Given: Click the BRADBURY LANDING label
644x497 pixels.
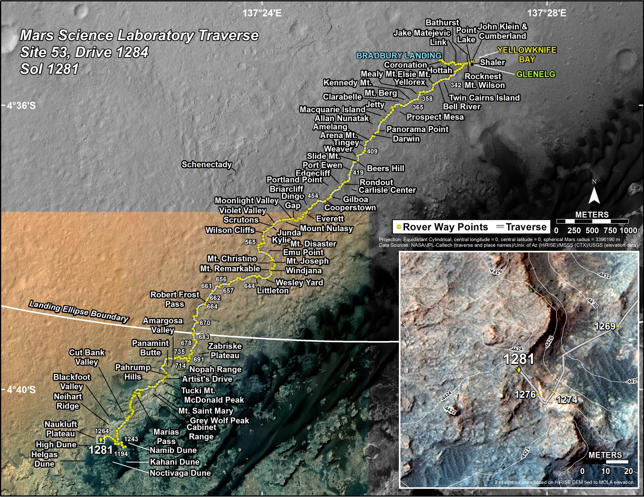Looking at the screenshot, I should tap(399, 55).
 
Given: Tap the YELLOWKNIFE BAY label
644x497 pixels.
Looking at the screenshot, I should tap(526, 55).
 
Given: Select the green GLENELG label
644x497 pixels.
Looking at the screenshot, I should tap(535, 74).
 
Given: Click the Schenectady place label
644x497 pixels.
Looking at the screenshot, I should tap(206, 164).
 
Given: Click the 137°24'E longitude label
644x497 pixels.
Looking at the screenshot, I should tap(262, 13).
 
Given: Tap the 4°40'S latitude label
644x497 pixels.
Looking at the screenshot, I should tap(21, 390).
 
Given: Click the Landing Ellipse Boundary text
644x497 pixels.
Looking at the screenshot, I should tap(79, 312).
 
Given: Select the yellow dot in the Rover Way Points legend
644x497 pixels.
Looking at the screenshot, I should tap(398, 227).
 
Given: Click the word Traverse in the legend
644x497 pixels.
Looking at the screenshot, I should tap(526, 227).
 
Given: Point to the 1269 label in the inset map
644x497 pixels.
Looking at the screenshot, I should tap(605, 326).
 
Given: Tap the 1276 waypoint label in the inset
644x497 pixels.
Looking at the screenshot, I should tap(525, 394).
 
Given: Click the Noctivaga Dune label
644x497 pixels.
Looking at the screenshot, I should tap(180, 473).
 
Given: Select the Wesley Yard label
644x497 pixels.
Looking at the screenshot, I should tap(299, 283).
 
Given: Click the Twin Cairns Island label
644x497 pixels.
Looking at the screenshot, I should tap(484, 98).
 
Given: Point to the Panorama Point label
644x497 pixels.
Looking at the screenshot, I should tap(417, 129).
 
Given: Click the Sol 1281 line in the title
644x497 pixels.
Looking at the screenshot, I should tap(49, 69).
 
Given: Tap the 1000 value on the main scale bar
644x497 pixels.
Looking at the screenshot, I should tap(628, 230).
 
